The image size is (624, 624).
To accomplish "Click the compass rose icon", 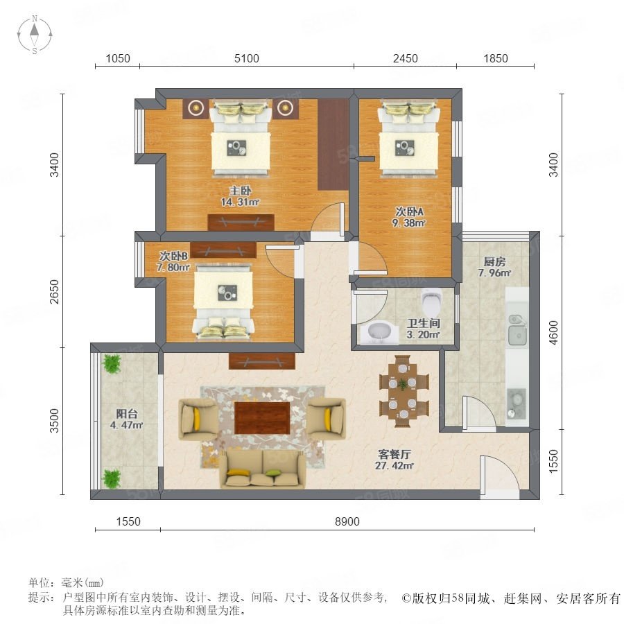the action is (35, 35).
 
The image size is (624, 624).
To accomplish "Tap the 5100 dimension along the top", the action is (247, 58).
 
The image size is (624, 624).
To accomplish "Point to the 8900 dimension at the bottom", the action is (347, 521).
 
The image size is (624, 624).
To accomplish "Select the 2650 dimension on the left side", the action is (54, 292).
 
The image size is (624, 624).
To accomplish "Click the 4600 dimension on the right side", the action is (553, 333).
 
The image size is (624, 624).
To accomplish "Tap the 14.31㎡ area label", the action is (240, 202).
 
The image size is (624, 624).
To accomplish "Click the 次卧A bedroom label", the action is (409, 211).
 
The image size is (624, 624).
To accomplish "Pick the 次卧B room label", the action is (173, 255).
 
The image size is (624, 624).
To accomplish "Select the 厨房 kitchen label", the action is (494, 261).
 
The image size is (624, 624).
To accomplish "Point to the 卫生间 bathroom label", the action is (423, 323).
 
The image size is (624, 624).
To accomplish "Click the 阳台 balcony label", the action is (127, 413).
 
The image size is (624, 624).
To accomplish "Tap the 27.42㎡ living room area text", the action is (395, 465).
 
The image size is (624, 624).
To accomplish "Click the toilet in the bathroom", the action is (431, 302).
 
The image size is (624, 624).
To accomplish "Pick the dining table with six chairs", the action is (404, 392).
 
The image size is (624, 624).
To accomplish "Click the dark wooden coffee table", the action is (262, 417).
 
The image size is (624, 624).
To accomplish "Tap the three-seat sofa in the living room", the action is (262, 468).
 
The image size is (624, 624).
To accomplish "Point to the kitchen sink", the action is (517, 329).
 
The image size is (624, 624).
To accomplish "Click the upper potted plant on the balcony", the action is (112, 364).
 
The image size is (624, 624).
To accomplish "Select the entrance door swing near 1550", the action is (499, 476).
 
